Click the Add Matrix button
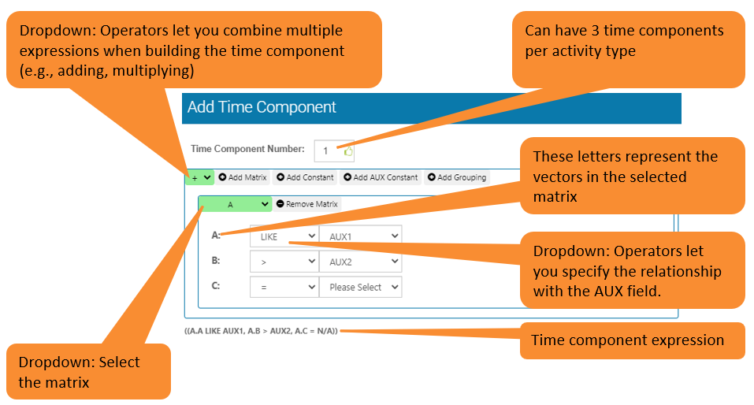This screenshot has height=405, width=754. [x=243, y=178]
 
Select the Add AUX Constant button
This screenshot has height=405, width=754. [x=381, y=178]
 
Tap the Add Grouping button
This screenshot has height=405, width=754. [x=458, y=178]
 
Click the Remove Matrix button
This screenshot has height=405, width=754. [x=307, y=204]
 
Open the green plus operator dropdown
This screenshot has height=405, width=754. [x=199, y=178]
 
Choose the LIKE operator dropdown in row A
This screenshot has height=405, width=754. [x=284, y=236]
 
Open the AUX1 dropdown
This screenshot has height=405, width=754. [x=360, y=236]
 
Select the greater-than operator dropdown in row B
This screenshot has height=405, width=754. [x=284, y=261]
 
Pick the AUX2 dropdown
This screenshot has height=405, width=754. [x=360, y=261]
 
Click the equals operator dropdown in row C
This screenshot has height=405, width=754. [x=284, y=287]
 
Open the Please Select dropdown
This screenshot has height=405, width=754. [x=360, y=287]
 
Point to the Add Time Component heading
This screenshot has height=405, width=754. [x=262, y=108]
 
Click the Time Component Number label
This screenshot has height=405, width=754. [x=247, y=149]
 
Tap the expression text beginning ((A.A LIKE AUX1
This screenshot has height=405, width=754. [x=261, y=331]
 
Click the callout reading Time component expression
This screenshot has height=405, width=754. [x=627, y=340]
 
